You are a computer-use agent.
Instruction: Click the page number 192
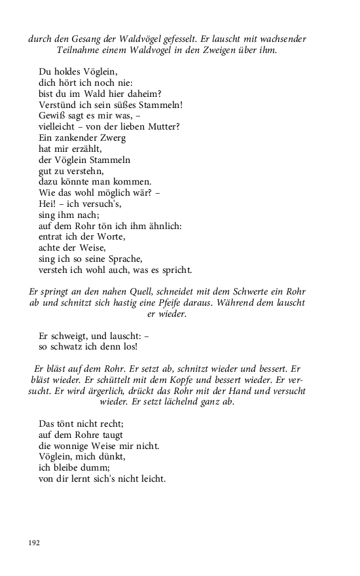(x=33, y=543)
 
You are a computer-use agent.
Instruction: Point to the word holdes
(x=67, y=72)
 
